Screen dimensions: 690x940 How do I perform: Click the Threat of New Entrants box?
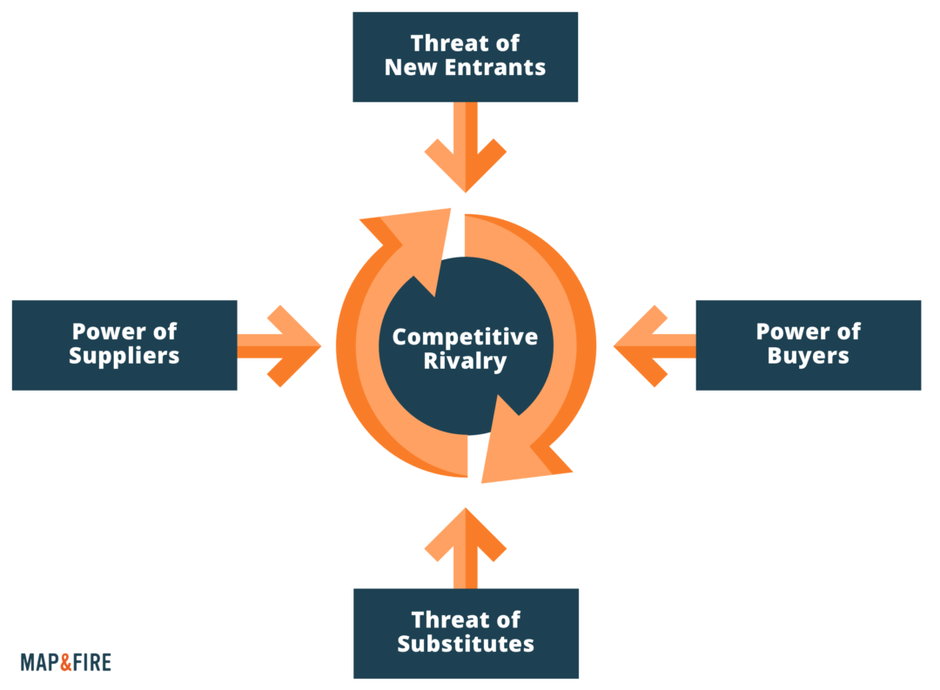coord(465,57)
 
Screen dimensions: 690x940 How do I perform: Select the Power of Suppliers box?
coord(124,345)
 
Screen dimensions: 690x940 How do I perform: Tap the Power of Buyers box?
coord(808,345)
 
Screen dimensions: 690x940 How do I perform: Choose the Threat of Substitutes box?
coord(465,633)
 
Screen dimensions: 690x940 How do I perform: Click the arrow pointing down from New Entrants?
coord(466,148)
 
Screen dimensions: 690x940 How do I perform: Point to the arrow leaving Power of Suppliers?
coord(279,345)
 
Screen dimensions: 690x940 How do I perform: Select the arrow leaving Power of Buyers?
coord(655,345)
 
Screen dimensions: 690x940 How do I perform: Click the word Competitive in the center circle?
coord(465,337)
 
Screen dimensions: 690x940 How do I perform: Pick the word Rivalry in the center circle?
coord(465,361)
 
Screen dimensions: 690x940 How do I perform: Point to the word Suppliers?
coord(125,356)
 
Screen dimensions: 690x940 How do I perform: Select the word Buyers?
coord(809,356)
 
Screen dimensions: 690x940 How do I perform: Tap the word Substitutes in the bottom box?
coord(466,645)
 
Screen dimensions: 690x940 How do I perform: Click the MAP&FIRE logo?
coord(65,662)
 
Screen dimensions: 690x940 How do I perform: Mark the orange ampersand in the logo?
coord(69,662)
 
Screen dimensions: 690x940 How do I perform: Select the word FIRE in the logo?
coord(93,662)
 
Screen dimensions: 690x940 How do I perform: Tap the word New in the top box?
coord(407,68)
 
